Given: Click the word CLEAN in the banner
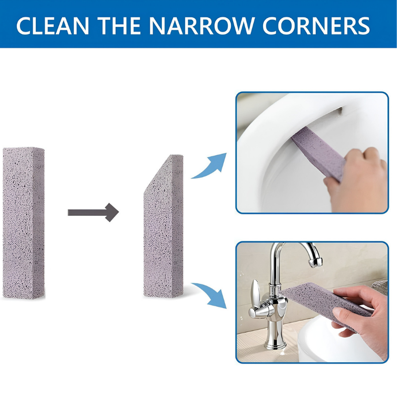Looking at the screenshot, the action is (53, 26).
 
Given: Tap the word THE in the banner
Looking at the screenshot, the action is (119, 26).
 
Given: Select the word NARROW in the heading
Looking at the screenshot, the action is (201, 26).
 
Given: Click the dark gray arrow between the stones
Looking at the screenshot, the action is (93, 212).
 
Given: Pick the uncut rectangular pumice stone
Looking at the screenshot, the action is (23, 223).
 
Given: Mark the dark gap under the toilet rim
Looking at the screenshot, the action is (339, 110).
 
